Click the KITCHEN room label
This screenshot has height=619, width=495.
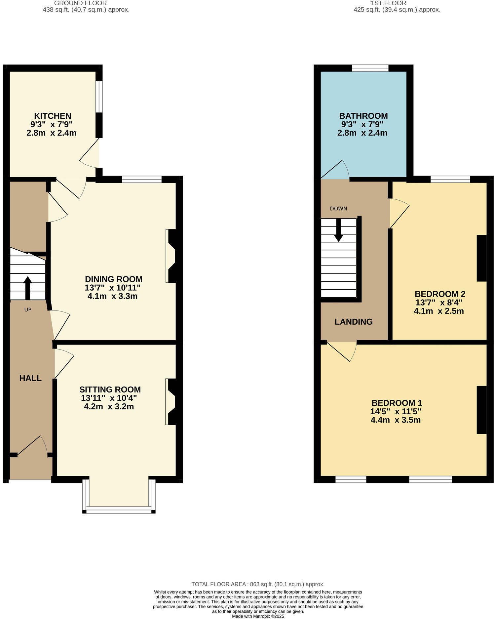coord(53,116)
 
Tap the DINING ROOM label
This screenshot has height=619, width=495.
coord(114,279)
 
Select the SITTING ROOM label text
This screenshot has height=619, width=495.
coord(110,390)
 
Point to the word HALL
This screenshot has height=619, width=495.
coord(30,378)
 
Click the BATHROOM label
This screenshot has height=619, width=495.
coord(363,116)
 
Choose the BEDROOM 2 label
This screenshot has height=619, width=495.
coord(440,294)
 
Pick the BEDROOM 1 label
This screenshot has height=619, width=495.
coord(397,403)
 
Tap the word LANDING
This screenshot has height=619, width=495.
coord(353,322)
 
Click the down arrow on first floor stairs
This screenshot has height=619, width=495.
coord(338,230)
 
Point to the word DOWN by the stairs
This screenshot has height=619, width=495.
coord(338,209)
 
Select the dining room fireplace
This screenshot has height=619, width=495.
coord(172,256)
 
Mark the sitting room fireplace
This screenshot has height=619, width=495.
coord(172,401)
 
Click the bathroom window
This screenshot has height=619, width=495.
coord(370,68)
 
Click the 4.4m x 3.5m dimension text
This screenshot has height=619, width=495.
coord(396,420)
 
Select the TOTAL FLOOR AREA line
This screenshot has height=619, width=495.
coord(258,584)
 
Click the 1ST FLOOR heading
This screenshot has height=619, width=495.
coord(388,3)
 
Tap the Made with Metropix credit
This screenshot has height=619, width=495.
coord(258,616)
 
